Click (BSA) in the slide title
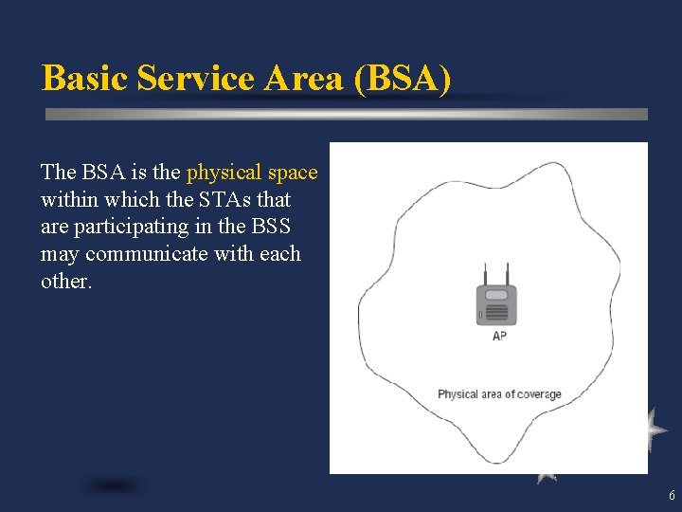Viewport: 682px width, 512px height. click(402, 78)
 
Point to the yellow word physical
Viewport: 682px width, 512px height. click(224, 173)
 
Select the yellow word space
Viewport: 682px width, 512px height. click(293, 173)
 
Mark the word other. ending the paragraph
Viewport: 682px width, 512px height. click(66, 283)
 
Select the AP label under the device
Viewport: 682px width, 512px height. click(499, 337)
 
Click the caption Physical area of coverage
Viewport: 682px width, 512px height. click(499, 394)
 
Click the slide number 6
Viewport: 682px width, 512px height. click(672, 496)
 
